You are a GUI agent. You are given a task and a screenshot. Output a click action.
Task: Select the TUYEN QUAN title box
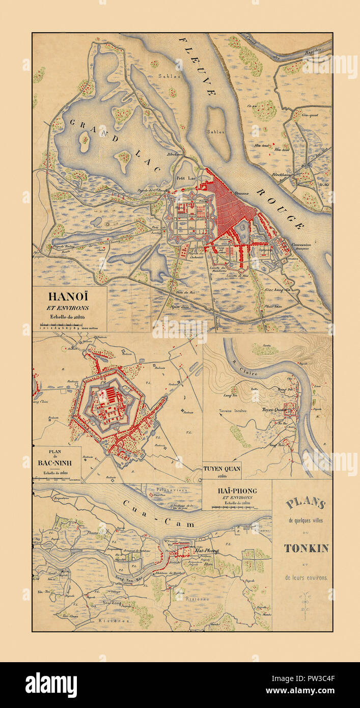[221, 468]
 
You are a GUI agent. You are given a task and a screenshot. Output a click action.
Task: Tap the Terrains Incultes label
[233, 410]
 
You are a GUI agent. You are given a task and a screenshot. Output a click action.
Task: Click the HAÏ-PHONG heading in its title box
[236, 491]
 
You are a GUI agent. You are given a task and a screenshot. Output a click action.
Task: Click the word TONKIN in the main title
[306, 548]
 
